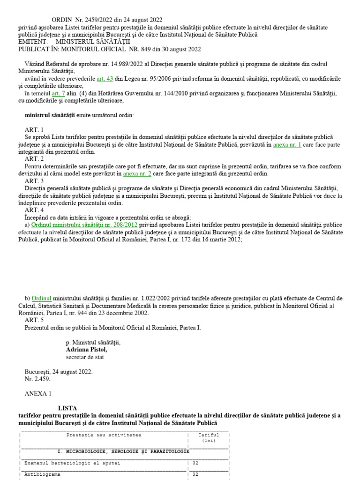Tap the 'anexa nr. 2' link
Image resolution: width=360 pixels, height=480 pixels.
[x=137, y=173]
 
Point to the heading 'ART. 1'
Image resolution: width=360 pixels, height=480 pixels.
[x=34, y=129]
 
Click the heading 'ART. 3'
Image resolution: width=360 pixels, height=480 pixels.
[x=34, y=181]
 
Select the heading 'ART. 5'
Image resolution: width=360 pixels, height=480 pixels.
[x=34, y=320]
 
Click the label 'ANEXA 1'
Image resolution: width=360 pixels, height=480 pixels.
[x=38, y=394]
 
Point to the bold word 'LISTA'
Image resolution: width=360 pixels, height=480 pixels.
[x=67, y=408]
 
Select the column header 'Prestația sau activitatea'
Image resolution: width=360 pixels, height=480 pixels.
[x=104, y=435]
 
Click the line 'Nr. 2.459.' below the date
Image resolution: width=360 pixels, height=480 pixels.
[x=37, y=379]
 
